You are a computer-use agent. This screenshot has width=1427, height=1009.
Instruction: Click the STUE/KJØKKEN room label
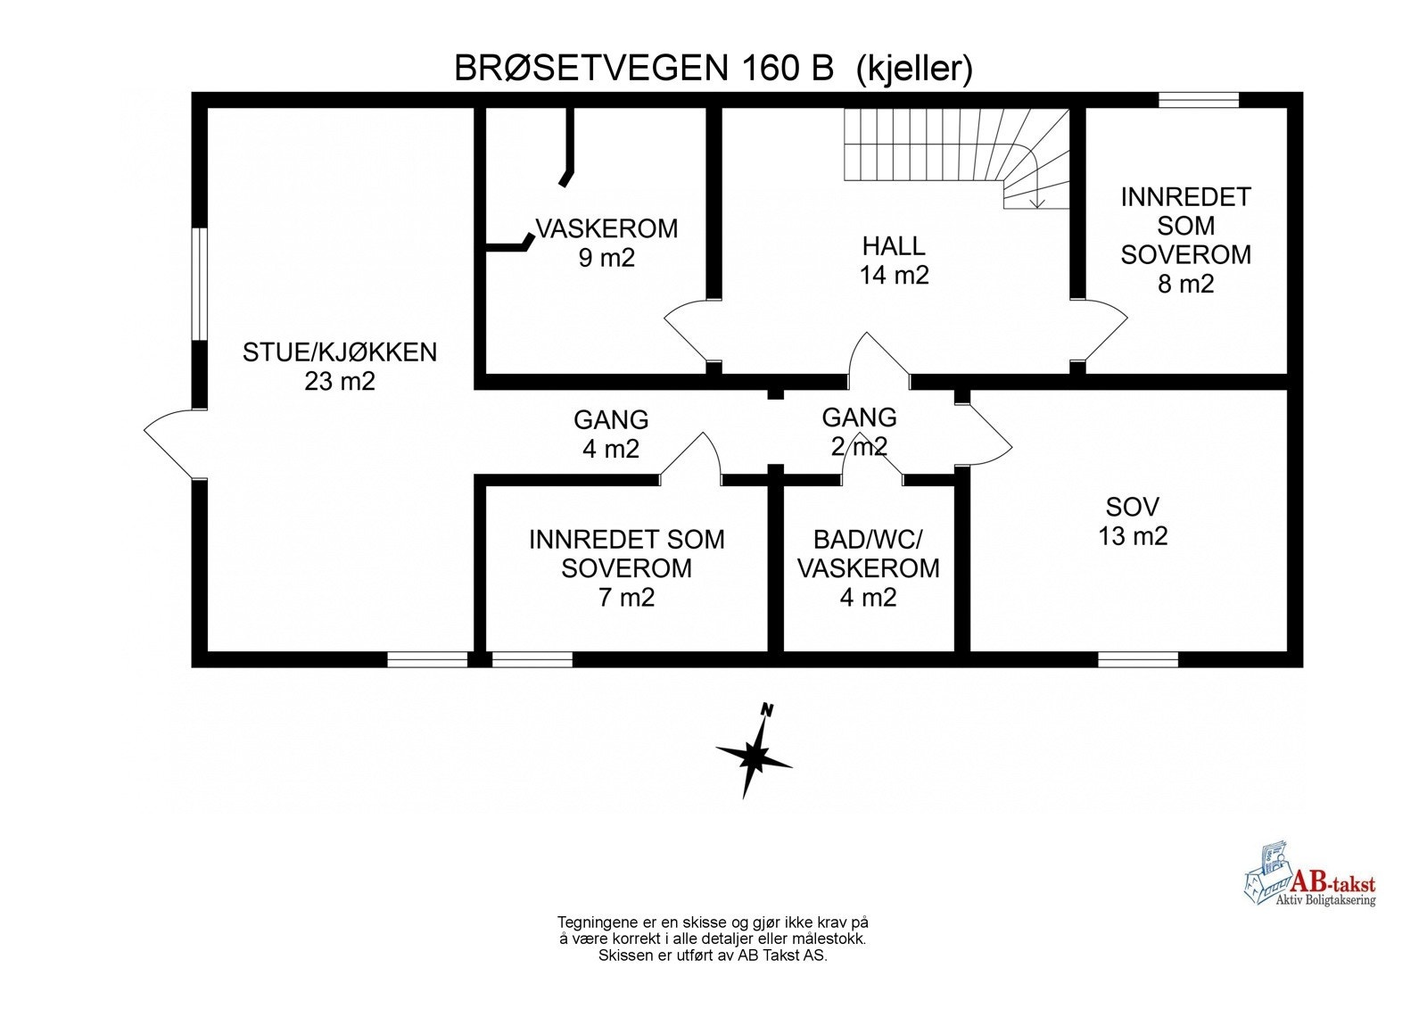pos(340,366)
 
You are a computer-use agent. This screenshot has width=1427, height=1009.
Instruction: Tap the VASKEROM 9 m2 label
pos(606,243)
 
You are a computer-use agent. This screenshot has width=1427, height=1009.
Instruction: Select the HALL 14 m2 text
pos(894,260)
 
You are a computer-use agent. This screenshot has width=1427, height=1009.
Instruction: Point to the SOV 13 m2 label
pos(1132,521)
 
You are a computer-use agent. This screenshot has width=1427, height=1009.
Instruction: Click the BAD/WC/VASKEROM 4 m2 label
pos(868,568)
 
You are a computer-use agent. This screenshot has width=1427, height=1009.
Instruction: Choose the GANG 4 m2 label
pos(611,434)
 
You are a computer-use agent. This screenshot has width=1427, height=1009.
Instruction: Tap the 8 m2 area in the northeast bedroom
pos(1185,284)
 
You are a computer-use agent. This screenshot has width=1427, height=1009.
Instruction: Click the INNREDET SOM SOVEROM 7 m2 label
pos(626,568)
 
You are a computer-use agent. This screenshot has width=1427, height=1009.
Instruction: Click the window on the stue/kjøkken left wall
pos(200,284)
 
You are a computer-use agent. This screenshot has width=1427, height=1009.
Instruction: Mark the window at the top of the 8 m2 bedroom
pos(1198,100)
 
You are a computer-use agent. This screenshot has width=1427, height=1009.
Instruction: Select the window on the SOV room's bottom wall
pos(1137,659)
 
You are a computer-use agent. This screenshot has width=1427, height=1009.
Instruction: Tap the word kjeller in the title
pos(914,69)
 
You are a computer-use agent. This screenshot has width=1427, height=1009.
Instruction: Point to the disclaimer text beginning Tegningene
pos(713,939)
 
